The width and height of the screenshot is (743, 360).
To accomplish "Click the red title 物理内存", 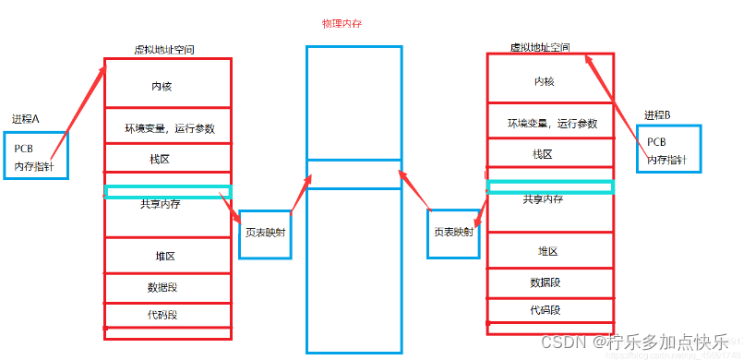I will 342,24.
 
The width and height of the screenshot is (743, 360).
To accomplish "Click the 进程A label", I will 26,119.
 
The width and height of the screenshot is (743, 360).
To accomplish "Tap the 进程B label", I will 657,114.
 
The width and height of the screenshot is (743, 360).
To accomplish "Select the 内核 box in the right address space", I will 545,82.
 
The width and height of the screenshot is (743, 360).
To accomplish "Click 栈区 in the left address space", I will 161,159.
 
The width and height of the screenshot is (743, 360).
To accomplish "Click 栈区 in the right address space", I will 543,154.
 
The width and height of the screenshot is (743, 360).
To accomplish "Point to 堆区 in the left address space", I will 165,256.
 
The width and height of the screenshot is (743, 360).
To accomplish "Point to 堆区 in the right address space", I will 547,251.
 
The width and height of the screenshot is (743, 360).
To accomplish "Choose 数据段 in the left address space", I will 162,286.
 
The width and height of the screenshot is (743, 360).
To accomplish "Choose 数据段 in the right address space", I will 545,282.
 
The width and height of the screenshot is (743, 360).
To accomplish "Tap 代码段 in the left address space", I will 162,315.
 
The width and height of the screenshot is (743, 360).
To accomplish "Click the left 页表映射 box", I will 265,233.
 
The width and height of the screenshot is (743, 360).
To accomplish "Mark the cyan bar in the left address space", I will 167,192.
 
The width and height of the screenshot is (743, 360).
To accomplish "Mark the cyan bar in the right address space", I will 550,187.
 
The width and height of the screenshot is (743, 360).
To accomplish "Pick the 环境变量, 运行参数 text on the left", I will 170,128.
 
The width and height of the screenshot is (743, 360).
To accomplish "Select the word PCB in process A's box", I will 24,149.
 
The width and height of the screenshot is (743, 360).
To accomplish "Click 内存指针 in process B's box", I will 667,160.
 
